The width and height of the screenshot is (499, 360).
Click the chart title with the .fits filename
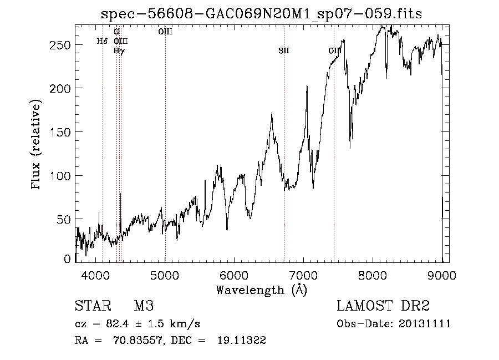click(x=261, y=14)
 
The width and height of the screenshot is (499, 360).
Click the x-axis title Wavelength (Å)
click(x=261, y=290)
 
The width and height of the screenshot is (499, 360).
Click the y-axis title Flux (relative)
click(x=37, y=145)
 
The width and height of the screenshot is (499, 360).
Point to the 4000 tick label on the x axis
click(x=96, y=275)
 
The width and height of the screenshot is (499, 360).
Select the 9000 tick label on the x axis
click(x=442, y=275)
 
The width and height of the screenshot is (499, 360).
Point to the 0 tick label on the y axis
click(x=68, y=258)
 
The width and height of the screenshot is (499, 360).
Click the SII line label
click(x=284, y=51)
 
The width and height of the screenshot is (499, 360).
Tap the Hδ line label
click(x=101, y=41)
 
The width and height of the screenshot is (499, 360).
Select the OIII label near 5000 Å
click(x=165, y=32)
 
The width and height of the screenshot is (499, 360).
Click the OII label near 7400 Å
click(x=334, y=51)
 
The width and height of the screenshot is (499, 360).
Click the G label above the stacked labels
click(x=116, y=32)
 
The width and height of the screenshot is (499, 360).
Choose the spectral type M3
click(x=144, y=306)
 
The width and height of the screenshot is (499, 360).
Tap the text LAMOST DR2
click(x=383, y=306)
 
